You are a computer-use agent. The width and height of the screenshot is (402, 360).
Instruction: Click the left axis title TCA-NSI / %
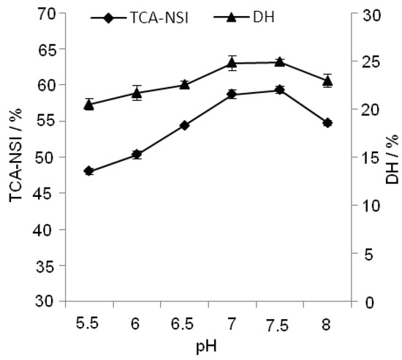point(14,158)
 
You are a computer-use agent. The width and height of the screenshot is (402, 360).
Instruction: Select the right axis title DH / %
point(392,158)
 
